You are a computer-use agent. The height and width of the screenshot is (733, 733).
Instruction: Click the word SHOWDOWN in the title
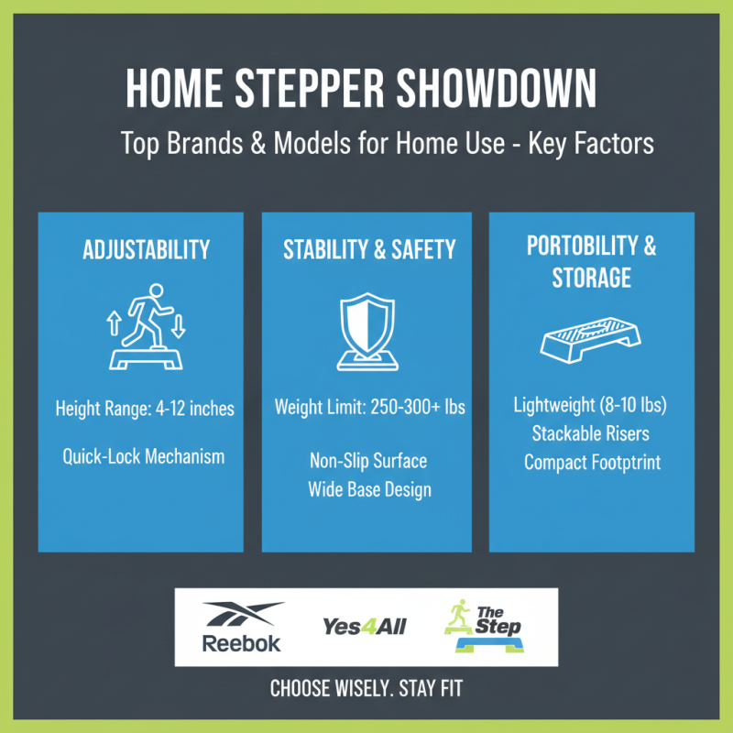tap(492, 92)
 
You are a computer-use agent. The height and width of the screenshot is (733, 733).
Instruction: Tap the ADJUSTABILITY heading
tap(147, 249)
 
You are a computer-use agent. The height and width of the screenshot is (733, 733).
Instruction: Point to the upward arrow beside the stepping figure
tap(115, 323)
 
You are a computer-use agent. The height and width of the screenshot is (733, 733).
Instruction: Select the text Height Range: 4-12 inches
tap(145, 409)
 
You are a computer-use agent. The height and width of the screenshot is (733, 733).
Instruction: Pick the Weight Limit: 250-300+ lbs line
tap(369, 407)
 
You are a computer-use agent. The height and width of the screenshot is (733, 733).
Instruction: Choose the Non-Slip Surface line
tap(369, 460)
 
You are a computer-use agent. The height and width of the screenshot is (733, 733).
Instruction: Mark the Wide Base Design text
tap(369, 489)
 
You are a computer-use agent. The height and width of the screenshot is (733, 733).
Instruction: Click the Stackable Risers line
tap(592, 433)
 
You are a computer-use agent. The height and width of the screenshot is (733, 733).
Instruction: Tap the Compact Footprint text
tap(592, 463)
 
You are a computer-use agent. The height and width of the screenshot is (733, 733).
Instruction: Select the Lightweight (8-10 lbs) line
tap(592, 405)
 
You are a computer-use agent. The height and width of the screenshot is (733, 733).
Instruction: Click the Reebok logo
tap(242, 627)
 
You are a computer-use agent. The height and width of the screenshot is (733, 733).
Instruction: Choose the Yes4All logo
tap(364, 627)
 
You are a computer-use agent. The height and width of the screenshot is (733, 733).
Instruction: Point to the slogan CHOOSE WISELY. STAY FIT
tap(366, 689)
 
